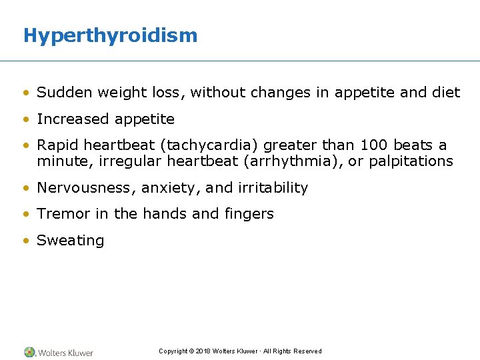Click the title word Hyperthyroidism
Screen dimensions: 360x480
110,35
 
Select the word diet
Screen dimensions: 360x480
447,93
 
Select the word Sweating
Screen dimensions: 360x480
71,241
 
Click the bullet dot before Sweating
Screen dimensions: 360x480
26,241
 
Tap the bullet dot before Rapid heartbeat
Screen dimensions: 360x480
26,145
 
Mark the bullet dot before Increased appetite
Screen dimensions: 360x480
26,119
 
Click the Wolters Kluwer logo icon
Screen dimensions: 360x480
30,352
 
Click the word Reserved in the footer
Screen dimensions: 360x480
307,351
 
